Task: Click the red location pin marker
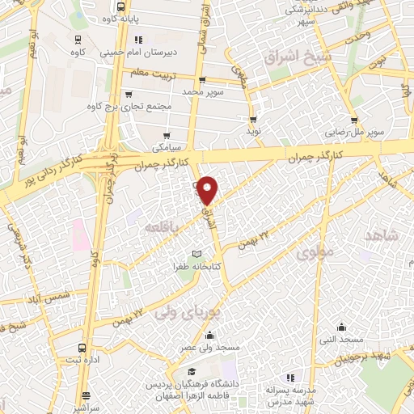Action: tap(209, 190)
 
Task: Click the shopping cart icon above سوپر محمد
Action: tap(202, 80)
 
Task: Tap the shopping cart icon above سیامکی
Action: tap(167, 135)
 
